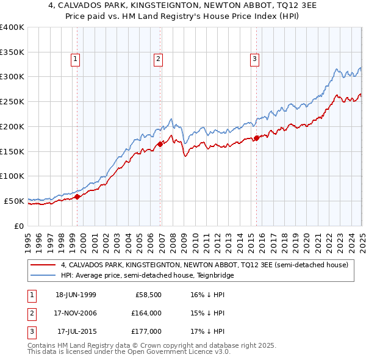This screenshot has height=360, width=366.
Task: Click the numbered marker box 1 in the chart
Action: tap(75, 59)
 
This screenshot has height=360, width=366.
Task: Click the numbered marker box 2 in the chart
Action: tap(158, 59)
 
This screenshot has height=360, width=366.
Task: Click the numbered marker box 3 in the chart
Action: tap(254, 59)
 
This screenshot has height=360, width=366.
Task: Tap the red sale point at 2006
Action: tap(160, 144)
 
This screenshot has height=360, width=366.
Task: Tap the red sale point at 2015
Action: tap(257, 138)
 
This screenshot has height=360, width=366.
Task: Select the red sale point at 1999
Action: tap(77, 196)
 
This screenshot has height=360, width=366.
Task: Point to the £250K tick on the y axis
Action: tap(12, 101)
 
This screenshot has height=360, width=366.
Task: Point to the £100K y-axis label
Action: tap(12, 176)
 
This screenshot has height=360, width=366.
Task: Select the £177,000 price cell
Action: tap(147, 331)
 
